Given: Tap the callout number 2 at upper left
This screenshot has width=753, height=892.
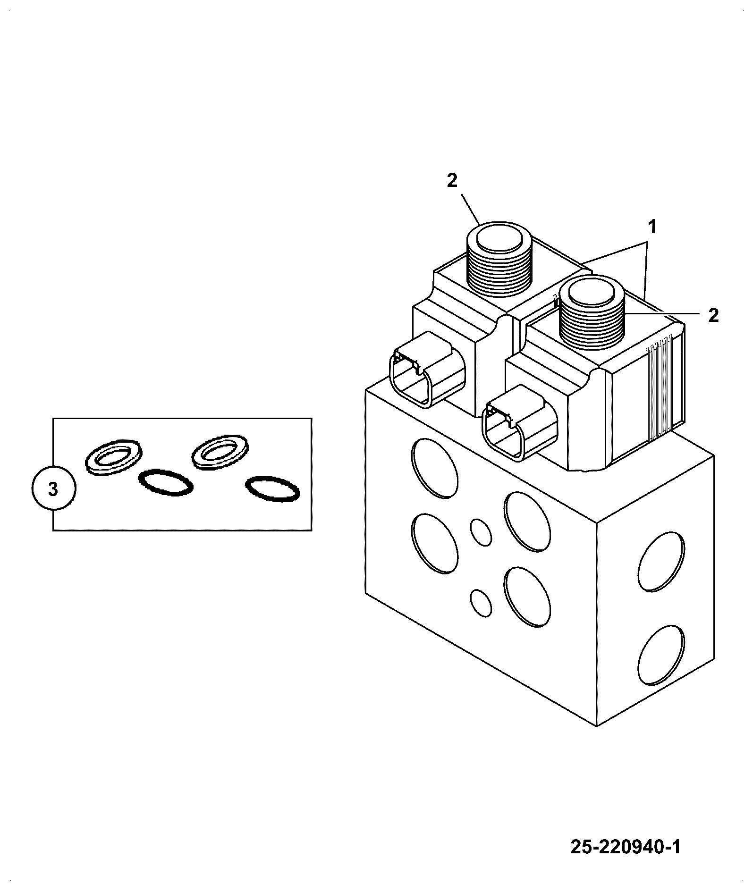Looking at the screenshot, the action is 452,180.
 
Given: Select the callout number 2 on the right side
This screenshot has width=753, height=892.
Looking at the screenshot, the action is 713,315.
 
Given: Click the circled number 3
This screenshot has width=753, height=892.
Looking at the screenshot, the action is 53,489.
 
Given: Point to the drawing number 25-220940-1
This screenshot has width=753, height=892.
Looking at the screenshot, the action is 626,847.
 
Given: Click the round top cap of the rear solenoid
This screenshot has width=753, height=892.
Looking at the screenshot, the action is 500,241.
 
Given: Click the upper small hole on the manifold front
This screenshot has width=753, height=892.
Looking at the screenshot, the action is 481,533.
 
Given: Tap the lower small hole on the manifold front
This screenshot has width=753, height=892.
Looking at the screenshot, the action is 481,603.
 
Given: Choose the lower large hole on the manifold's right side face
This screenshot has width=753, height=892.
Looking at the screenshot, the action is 661,656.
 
